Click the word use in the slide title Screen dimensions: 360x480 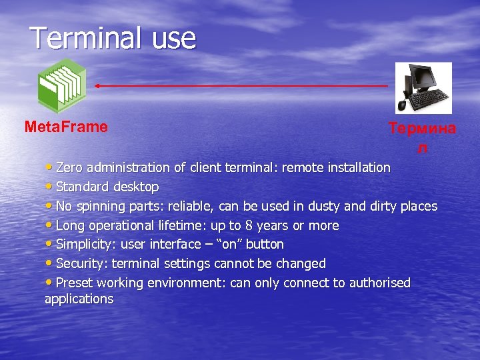click(174, 39)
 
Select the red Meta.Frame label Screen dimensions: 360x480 click(65, 127)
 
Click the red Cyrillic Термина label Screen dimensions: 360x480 click(422, 129)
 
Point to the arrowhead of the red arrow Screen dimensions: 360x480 click(97, 86)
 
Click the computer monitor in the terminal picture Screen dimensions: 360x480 click(418, 79)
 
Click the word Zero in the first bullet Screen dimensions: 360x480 click(69, 167)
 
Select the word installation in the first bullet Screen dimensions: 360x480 click(357, 167)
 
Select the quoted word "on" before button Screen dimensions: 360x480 click(230, 245)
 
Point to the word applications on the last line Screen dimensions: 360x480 click(79, 299)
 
